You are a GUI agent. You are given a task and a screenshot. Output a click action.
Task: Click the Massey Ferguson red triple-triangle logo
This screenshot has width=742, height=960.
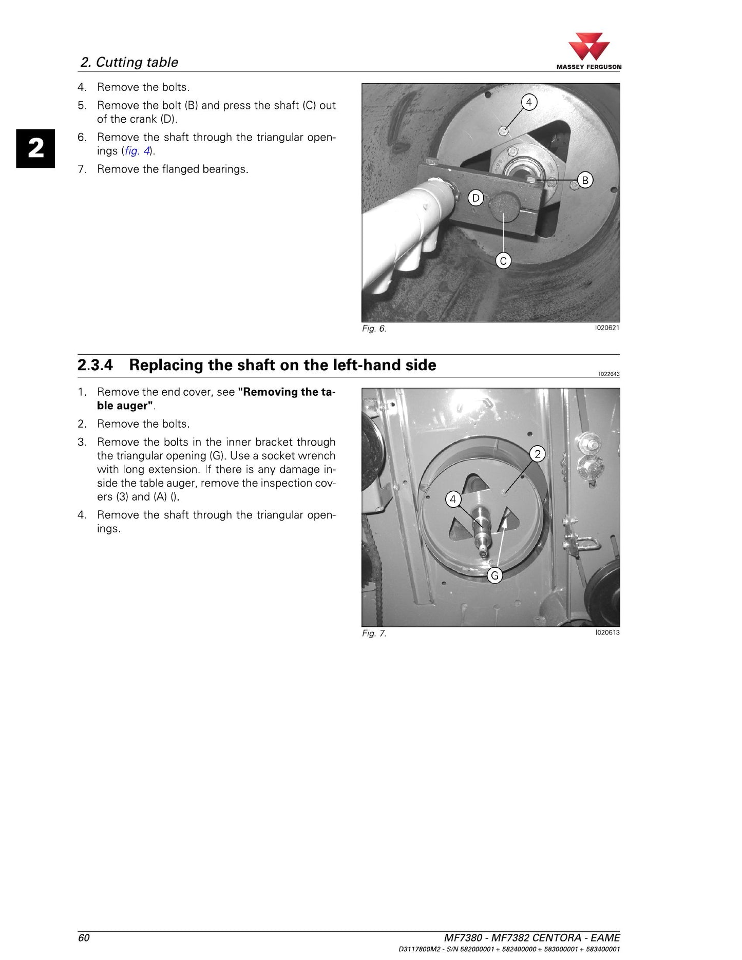[589, 47]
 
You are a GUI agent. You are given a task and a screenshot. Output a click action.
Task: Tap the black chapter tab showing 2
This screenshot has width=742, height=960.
[35, 148]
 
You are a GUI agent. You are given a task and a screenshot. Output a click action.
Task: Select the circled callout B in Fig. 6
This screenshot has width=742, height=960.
[585, 180]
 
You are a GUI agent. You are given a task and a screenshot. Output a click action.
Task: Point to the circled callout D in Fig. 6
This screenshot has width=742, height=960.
[476, 198]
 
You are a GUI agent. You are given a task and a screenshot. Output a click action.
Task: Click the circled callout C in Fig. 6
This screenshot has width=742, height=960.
[503, 261]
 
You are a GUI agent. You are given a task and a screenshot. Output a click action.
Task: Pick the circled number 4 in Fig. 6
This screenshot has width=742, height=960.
[529, 102]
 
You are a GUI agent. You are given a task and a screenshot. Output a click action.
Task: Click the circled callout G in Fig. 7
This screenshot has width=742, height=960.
[495, 575]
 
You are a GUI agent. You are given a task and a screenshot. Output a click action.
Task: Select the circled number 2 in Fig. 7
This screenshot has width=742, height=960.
[538, 454]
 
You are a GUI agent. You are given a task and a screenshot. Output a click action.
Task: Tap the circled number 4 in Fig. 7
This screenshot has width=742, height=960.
[453, 499]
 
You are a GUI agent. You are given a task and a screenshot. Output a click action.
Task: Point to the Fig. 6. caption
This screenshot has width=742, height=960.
[374, 329]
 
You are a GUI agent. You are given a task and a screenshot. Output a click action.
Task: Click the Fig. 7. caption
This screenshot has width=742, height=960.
[374, 633]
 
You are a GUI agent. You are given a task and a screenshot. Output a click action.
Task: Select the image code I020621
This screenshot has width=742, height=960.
[607, 328]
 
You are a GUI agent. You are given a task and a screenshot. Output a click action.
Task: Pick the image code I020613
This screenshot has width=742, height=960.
[607, 632]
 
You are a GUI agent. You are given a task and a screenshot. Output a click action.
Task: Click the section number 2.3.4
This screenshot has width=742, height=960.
[95, 365]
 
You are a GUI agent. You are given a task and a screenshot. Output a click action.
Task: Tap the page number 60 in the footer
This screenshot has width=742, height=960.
[84, 938]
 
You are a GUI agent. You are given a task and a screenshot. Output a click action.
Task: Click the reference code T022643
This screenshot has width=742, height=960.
[608, 374]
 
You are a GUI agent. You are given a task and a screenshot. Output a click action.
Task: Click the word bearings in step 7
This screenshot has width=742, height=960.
[224, 169]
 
